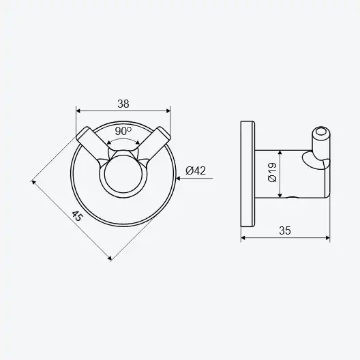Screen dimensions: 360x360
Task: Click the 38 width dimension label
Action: point(123,104)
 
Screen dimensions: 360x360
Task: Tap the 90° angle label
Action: point(123,131)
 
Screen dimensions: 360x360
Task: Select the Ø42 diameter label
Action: point(196,170)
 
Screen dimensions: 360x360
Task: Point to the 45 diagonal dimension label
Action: point(76,216)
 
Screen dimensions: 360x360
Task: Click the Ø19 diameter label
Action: point(272,172)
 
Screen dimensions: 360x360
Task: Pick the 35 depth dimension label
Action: point(285,230)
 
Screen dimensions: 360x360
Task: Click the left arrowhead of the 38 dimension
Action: point(78,111)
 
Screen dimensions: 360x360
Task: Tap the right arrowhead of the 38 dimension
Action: point(168,111)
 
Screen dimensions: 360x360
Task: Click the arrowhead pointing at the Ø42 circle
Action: point(178,178)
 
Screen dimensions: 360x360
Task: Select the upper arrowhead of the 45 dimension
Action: point(33,183)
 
